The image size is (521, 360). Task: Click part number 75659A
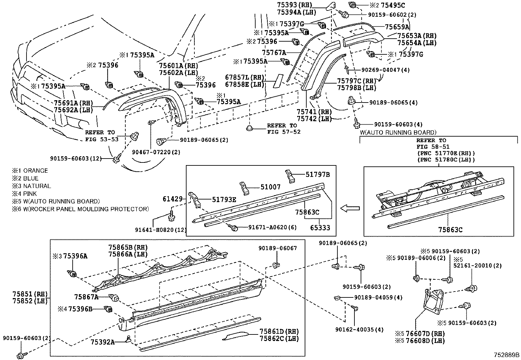tap(397, 27)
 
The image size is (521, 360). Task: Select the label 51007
tap(271, 187)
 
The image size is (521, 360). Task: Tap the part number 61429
tap(172, 199)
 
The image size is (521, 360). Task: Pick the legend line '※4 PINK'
tap(25, 194)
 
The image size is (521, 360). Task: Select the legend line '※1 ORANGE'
tap(30, 170)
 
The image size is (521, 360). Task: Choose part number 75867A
tap(86, 297)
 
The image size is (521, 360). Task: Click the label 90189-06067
tap(278, 248)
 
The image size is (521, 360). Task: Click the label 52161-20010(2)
tap(477, 265)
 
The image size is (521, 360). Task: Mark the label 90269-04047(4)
tap(381, 70)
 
